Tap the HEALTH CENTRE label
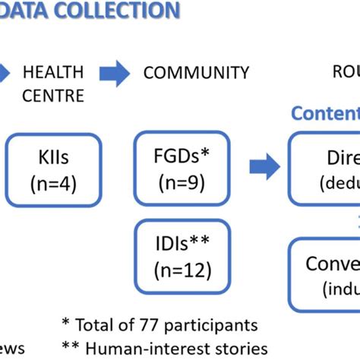click(x=53, y=84)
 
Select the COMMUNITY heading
click(x=196, y=73)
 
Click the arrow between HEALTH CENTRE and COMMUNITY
click(x=114, y=73)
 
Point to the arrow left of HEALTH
click(x=5, y=73)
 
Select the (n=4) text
click(x=54, y=183)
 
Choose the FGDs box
click(x=182, y=169)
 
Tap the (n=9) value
click(x=182, y=183)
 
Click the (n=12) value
click(x=182, y=270)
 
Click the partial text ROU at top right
click(x=346, y=73)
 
